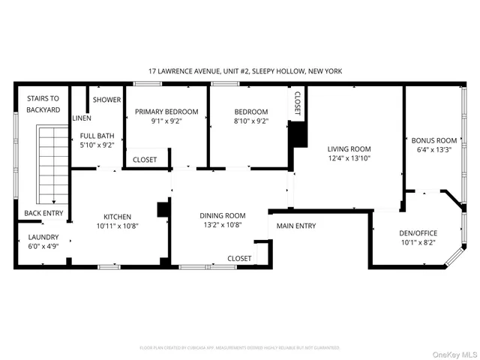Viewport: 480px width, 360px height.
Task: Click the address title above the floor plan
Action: coord(246,71)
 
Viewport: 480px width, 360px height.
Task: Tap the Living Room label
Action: coord(349,148)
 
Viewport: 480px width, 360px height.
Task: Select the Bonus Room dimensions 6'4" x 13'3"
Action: coord(433,150)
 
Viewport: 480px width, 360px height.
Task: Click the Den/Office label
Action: coord(418,232)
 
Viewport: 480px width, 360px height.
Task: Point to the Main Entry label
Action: coord(296,226)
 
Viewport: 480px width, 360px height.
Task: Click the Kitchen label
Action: coord(118,214)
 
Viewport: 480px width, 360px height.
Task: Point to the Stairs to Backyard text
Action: coord(43,103)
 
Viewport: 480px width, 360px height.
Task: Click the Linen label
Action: coord(82,118)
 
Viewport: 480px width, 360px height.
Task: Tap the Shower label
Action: coord(106,99)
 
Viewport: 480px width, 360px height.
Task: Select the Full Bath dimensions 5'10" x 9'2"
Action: coord(97,145)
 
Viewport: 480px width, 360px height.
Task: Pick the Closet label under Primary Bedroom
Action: coord(145,160)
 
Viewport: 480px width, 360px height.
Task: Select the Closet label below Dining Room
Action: coord(239,258)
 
